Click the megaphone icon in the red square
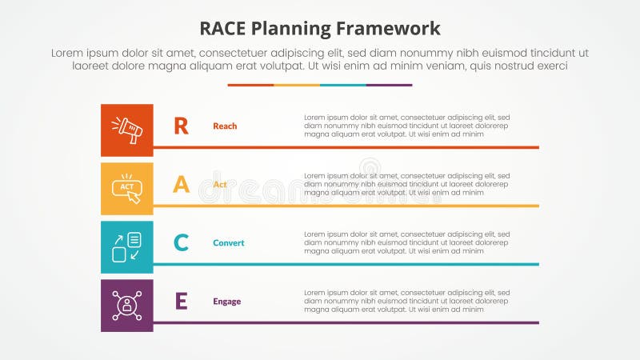[x=126, y=130]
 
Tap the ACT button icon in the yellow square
[x=126, y=188]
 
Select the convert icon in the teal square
[x=126, y=246]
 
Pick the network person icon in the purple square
[x=126, y=305]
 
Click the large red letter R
[x=182, y=126]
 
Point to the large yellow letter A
[x=182, y=185]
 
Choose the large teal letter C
[x=182, y=243]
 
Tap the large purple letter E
[x=182, y=302]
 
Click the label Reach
[x=225, y=126]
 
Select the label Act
[x=220, y=185]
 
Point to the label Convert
[x=229, y=243]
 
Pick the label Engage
[x=226, y=302]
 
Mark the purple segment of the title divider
[x=389, y=85]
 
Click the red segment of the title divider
[x=250, y=85]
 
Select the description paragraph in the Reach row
[x=406, y=126]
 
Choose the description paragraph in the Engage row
[x=406, y=302]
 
